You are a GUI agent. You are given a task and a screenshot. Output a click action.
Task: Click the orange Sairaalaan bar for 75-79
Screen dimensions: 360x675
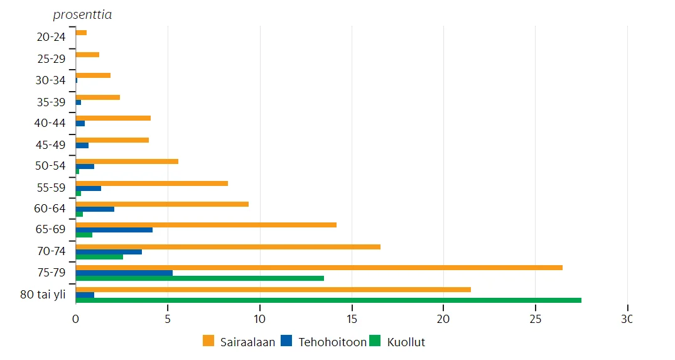[x=319, y=268]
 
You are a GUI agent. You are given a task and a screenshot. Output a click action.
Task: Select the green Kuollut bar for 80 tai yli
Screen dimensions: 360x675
[x=328, y=300]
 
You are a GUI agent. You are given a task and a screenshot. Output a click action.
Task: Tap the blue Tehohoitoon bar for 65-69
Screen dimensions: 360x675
[x=114, y=230]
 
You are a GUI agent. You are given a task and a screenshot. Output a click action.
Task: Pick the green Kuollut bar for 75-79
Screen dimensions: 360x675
[x=200, y=278]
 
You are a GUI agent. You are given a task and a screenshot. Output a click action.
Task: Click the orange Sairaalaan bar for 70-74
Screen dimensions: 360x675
[x=228, y=247]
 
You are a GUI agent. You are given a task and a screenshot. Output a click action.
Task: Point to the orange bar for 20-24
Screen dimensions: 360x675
[x=81, y=33]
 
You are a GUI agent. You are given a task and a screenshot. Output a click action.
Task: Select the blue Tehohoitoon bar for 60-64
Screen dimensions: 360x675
[x=95, y=209]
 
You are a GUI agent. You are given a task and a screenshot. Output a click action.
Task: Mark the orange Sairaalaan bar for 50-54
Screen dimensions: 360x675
[x=127, y=161]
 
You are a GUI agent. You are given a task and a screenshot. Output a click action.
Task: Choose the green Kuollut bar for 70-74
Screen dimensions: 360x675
[x=99, y=256]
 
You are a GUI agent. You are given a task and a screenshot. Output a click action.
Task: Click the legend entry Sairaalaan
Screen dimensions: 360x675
[x=239, y=342]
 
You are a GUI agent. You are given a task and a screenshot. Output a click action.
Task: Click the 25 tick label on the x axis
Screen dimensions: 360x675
[x=536, y=319]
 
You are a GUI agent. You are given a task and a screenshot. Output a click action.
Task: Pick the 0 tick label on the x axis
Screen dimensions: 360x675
[x=75, y=319]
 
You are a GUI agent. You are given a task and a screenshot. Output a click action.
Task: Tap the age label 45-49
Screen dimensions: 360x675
[x=51, y=145]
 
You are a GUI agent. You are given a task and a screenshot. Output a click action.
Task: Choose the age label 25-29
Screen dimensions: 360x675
[x=51, y=58]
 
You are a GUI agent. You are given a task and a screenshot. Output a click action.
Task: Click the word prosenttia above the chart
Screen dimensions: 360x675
[x=82, y=14]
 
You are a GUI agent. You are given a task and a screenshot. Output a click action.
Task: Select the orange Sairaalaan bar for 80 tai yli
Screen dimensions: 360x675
[x=273, y=290]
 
